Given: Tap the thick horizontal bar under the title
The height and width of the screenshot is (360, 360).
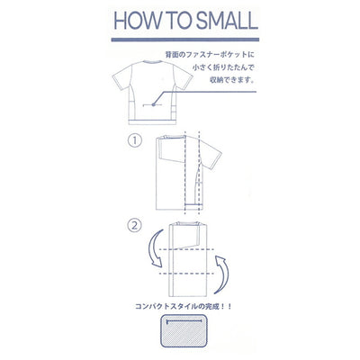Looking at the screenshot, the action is point(185,40).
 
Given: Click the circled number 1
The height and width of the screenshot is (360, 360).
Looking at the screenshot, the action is point(135,140).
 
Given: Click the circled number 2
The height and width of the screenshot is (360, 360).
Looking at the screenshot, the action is point(134,226).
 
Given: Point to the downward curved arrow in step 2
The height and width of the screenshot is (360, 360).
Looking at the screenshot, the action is point(154,248).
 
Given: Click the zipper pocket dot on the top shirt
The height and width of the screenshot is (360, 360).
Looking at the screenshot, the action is point(153,104).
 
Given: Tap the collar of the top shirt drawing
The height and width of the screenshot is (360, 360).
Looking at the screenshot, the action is point(153,62).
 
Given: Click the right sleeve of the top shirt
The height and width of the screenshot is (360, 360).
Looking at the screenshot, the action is point(184,77).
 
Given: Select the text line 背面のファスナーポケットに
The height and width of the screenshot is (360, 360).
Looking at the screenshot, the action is point(210,55).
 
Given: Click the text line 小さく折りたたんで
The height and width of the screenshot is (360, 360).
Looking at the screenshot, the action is point(223,67).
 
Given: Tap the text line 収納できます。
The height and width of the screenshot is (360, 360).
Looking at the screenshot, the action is point(232,80).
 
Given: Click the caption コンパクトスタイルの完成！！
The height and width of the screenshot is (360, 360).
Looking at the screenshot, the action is point(184,307).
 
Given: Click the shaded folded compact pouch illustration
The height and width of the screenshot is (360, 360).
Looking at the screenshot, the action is point(184,330).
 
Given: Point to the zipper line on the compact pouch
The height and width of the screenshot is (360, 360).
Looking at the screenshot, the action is point(184,321).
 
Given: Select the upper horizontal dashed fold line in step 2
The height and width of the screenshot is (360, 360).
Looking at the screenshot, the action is point(186,249).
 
